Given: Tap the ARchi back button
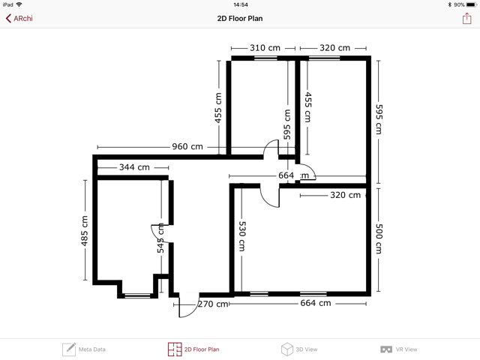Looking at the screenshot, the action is click(19, 18).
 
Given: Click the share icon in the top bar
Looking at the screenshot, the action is click(466, 18).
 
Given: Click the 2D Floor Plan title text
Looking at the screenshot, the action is click(240, 18).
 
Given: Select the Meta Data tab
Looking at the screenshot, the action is click(84, 349).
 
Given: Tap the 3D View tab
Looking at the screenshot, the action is click(299, 349).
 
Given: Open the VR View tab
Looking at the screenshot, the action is click(398, 349).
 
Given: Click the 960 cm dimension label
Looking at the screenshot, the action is click(187, 147).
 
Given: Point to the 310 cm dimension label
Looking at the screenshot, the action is click(265, 48).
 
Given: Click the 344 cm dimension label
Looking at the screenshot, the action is click(134, 167).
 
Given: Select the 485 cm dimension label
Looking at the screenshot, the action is click(84, 231).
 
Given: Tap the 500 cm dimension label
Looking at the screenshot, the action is click(379, 238).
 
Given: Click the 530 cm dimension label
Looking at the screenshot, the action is click(241, 236).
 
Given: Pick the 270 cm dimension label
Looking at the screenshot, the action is click(213, 304).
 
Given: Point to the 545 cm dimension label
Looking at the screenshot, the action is click(160, 238).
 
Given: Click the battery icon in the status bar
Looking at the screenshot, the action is click(472, 4).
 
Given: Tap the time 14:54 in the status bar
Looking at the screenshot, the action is click(241, 4).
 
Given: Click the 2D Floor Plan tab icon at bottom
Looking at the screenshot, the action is click(175, 349).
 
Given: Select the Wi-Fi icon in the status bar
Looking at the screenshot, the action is click(19, 4).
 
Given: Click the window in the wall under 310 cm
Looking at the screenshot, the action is click(265, 58).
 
